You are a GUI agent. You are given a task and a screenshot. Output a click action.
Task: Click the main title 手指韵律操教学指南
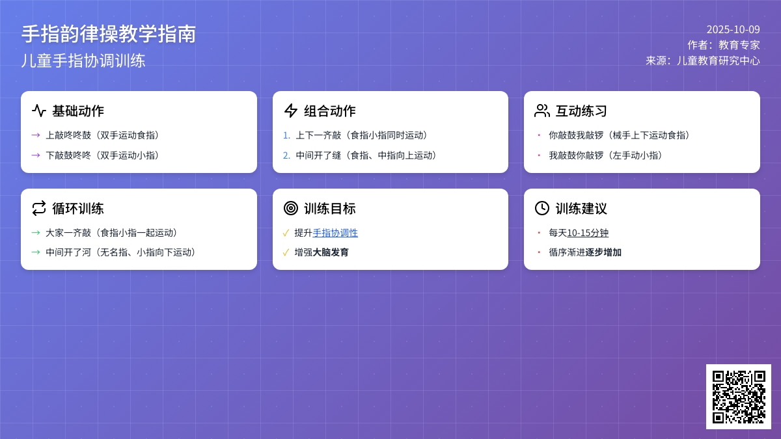coord(109,34)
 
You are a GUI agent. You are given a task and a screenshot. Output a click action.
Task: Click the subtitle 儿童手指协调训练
coord(83,60)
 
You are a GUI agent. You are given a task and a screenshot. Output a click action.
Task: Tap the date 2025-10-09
coord(733,29)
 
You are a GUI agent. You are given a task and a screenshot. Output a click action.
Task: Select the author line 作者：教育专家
coord(724,45)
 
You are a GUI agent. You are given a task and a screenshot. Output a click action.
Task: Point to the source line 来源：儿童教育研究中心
coord(702,60)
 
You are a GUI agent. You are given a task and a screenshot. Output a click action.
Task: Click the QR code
coord(739,397)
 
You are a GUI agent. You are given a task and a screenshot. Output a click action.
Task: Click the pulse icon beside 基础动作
coord(38,111)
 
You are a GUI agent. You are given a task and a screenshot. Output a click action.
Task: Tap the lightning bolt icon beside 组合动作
coord(290,111)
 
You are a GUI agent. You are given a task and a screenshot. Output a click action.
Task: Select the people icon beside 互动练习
coord(541,111)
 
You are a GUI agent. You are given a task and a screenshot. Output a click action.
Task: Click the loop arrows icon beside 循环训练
coord(38,208)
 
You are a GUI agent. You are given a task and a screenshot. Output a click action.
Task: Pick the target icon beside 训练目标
coord(290,208)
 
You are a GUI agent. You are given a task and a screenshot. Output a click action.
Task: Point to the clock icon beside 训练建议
coord(541,208)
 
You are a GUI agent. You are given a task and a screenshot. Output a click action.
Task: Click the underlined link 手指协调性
coord(335,233)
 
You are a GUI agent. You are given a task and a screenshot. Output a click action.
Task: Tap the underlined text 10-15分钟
coord(588,233)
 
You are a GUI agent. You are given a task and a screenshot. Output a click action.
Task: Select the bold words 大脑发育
coord(331,252)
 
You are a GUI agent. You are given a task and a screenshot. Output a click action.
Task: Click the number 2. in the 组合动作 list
coord(286,155)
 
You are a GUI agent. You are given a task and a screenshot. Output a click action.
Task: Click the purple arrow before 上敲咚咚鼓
coord(36,135)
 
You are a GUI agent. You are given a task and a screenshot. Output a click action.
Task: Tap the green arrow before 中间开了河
coord(36,252)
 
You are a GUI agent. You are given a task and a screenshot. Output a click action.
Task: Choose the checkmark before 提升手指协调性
coord(286,233)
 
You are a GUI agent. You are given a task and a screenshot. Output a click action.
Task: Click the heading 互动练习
coord(581,111)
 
